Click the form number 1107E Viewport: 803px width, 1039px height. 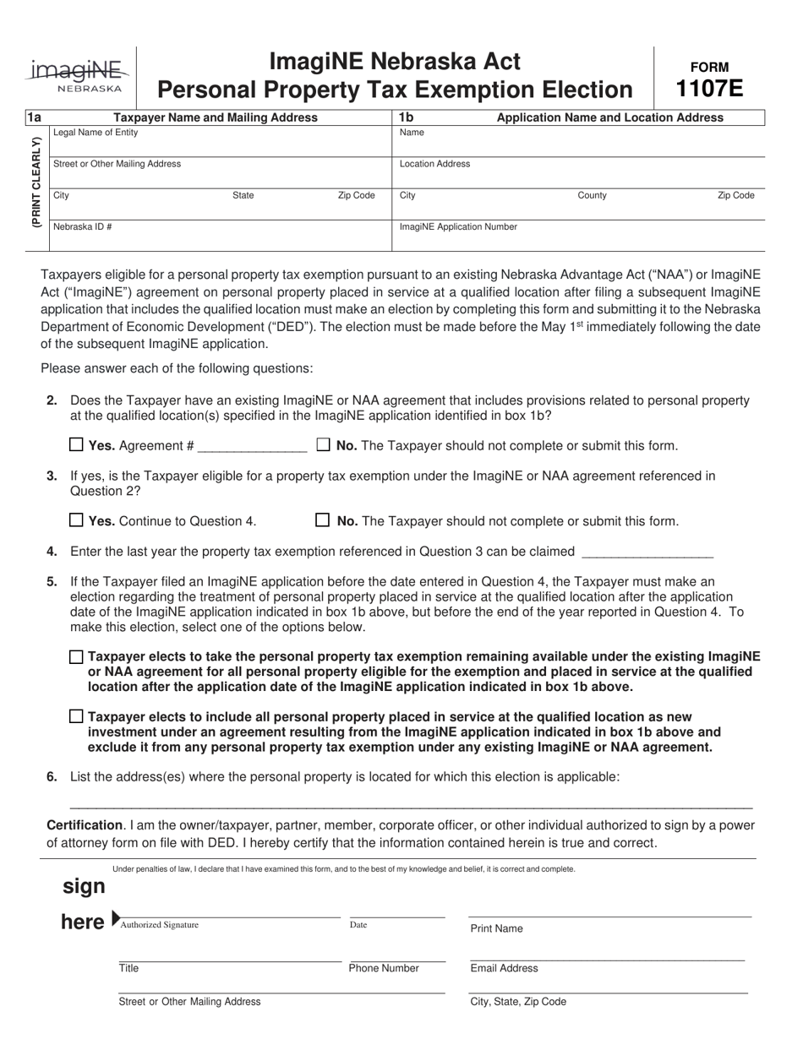[709, 88]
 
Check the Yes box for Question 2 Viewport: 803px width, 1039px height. [76, 445]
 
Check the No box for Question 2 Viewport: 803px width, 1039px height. [323, 445]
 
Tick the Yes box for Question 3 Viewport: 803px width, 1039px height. [76, 520]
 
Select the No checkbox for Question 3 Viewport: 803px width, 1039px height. [323, 520]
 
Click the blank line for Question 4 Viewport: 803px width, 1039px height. [647, 552]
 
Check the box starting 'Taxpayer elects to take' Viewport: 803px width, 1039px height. [77, 656]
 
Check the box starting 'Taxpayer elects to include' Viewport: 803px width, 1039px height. [77, 716]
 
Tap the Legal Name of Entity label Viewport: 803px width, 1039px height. [96, 133]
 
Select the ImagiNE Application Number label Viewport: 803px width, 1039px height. [458, 226]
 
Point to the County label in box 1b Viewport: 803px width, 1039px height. [592, 195]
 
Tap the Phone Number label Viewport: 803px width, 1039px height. [384, 969]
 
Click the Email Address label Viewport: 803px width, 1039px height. [504, 969]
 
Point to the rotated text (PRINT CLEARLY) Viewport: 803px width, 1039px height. [36, 182]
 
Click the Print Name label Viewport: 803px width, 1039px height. [496, 928]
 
